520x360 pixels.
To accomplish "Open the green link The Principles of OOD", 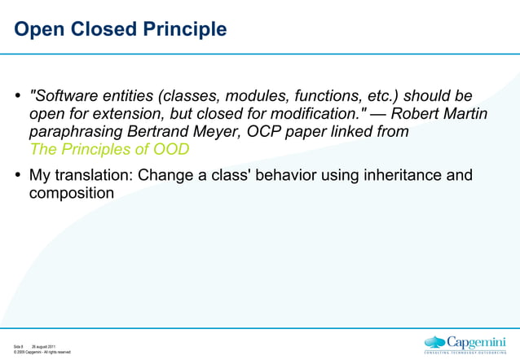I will tap(109, 149).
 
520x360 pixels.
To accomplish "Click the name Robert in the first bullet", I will tap(418, 113).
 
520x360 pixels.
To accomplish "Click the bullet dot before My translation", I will tap(18, 175).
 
